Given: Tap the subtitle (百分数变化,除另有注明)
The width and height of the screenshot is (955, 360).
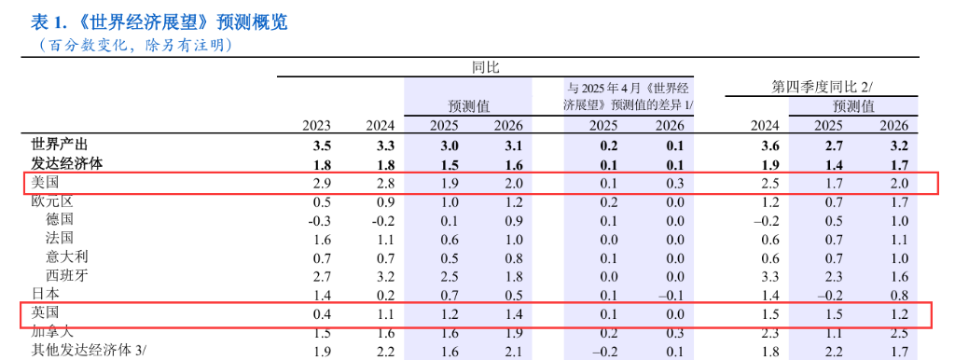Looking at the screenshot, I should pyautogui.click(x=135, y=45).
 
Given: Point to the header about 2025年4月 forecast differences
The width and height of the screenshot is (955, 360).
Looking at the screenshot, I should pyautogui.click(x=630, y=96).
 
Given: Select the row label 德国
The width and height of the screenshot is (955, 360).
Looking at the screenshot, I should pyautogui.click(x=60, y=219).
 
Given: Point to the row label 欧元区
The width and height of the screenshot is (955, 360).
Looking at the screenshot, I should pyautogui.click(x=52, y=201).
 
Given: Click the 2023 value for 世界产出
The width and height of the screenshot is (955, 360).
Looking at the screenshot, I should pyautogui.click(x=322, y=145).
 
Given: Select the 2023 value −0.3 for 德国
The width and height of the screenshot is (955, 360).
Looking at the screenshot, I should pyautogui.click(x=318, y=220).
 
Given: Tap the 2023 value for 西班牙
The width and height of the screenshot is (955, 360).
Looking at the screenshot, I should pyautogui.click(x=322, y=275).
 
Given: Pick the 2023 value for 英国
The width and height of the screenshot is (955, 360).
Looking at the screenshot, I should pyautogui.click(x=322, y=313).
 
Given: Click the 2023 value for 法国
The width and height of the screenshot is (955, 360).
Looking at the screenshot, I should pyautogui.click(x=322, y=239).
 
